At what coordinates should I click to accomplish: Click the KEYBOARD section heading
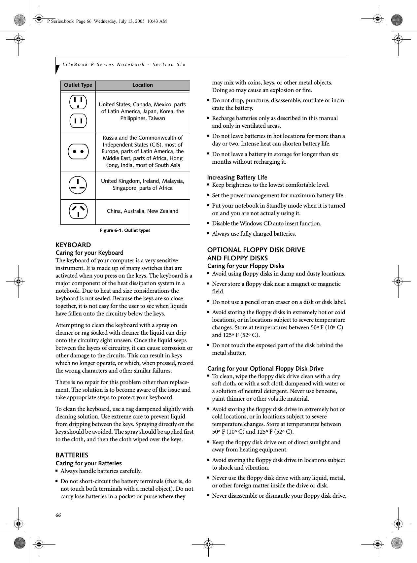tap(73, 245)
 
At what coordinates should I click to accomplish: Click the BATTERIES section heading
tap(72, 455)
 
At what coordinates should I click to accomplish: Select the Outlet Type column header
tap(78, 85)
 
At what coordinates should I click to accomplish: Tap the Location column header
tap(143, 85)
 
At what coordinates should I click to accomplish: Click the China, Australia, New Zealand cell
tap(143, 211)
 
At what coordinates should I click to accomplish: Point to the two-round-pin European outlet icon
tap(78, 152)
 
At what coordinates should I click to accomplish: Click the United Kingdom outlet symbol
tap(78, 185)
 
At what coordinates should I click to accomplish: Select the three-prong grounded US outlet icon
tap(78, 102)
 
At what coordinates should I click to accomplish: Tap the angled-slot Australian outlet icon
tap(78, 211)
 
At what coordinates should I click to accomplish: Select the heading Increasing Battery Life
tap(237, 178)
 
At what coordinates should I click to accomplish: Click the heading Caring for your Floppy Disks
tap(246, 266)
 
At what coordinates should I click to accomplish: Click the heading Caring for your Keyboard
tap(89, 253)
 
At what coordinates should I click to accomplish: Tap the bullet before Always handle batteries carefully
tap(57, 471)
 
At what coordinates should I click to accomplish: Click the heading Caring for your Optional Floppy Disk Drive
tap(265, 369)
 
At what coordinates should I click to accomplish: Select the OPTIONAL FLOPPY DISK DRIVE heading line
tap(256, 250)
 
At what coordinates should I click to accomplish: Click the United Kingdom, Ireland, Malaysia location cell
tap(143, 184)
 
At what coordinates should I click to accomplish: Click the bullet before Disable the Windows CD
tap(208, 223)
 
